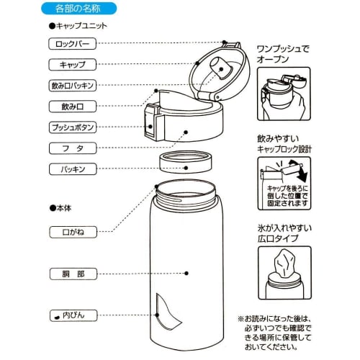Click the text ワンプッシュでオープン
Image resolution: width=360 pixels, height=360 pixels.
(x=284, y=53)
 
